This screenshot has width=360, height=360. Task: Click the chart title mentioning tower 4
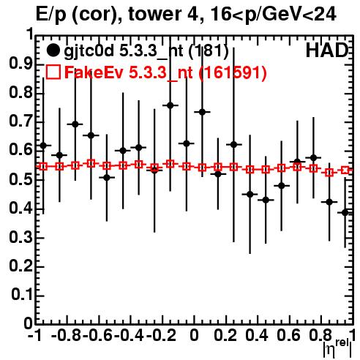pos(186,14)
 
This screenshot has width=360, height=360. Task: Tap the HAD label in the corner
pos(326,50)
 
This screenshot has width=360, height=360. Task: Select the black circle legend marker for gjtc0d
pos(53,50)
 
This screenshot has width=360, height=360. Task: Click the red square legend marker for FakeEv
pos(53,72)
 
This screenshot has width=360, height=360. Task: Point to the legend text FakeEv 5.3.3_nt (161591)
pos(165,72)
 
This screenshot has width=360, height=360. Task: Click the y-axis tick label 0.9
pos(20,64)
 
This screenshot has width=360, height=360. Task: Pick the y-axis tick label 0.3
pos(20,237)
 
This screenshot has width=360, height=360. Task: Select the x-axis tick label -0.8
pos(66,335)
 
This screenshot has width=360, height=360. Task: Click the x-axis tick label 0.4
pos(257,335)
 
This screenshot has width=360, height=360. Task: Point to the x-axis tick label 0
pos(194,335)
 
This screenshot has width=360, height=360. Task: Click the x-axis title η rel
pos(337,348)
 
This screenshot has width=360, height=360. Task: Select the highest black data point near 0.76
pos(170,105)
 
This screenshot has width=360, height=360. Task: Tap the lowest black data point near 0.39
pos(345,213)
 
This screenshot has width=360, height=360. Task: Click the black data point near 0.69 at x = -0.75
pos(75,124)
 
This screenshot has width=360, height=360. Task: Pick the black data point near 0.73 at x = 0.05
pos(202,112)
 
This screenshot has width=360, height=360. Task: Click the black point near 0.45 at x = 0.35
pos(250,195)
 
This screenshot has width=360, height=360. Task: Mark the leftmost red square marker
pos(43,167)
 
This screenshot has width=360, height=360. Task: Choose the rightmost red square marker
pos(345,170)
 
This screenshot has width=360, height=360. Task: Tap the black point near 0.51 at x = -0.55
pos(107,178)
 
